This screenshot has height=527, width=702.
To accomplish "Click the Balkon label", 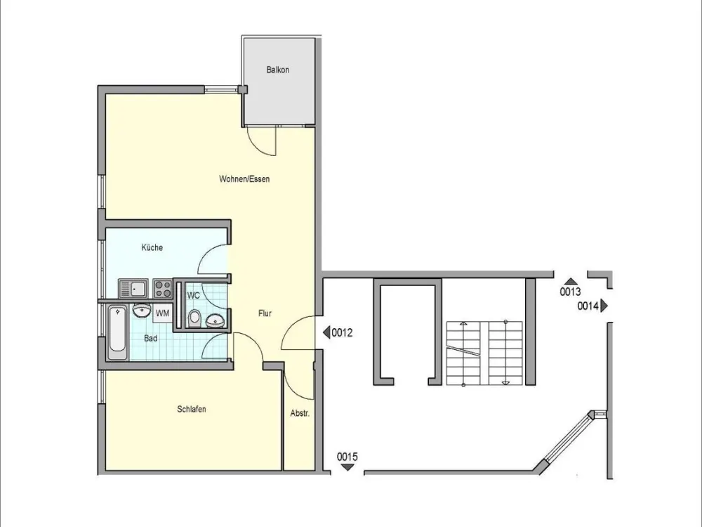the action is (x=277, y=70).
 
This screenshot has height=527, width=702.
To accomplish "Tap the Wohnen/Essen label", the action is (x=244, y=179).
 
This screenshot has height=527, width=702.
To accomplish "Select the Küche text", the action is (x=152, y=247).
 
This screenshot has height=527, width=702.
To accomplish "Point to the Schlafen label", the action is (x=192, y=409).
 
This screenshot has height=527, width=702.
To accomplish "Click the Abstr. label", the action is (x=300, y=413).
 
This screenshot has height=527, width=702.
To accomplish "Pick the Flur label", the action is (x=265, y=313).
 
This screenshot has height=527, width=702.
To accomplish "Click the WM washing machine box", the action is (x=163, y=313).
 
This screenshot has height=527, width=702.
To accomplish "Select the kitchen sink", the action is (x=133, y=289).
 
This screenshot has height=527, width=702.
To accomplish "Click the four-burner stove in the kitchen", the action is (x=163, y=289).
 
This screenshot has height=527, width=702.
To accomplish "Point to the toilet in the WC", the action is (x=194, y=318).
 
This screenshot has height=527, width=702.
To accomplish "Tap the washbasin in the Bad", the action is (x=142, y=311).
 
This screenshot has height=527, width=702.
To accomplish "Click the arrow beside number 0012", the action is (x=326, y=332).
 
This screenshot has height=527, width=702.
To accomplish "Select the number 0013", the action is (x=570, y=292).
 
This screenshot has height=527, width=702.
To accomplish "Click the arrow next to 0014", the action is (x=604, y=306).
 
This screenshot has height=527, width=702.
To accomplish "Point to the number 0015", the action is (x=347, y=457).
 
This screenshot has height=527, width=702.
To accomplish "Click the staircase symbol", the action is (x=485, y=353).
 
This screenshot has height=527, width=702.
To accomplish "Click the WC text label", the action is (x=194, y=296).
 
